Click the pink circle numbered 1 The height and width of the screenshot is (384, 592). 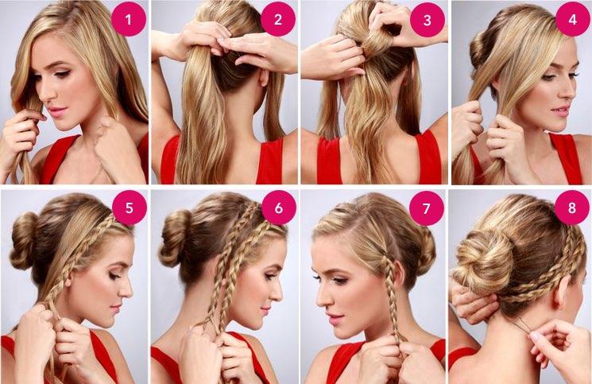129,19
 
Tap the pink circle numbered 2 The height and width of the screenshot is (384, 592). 278,19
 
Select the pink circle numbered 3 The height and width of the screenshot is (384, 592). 427,19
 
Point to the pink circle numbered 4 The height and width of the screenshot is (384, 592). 573,19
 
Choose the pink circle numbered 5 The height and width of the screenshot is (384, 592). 129,208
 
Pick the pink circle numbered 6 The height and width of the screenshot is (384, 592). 279,208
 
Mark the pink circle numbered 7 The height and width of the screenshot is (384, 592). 426,208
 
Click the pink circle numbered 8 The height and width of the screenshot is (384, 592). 572,208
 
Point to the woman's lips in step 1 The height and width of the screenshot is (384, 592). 57,111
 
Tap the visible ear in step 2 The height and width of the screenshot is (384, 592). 263,76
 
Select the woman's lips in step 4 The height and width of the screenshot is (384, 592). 560,111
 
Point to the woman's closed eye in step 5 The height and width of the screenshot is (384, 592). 114,276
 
